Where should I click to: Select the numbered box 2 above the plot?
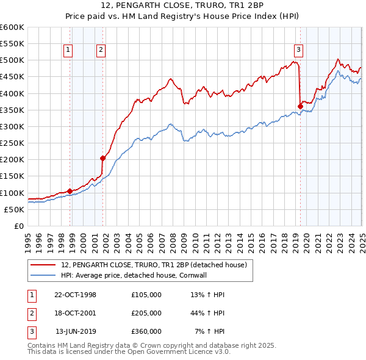[x=101, y=51]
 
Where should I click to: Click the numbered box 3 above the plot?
[x=298, y=51]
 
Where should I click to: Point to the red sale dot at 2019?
[x=300, y=106]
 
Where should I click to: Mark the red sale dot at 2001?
[x=103, y=158]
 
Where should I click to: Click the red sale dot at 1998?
[x=70, y=191]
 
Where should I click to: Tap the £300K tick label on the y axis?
[x=12, y=126]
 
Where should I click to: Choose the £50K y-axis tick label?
[x=14, y=209]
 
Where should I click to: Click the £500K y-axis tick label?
[x=12, y=60]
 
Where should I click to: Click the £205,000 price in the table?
[x=146, y=313]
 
